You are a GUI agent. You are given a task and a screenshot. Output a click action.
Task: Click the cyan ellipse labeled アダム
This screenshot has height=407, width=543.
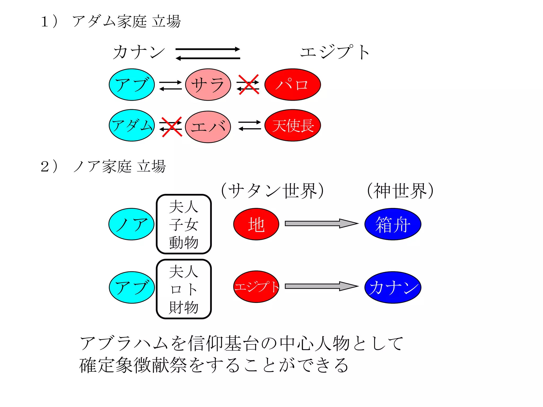pyautogui.click(x=132, y=125)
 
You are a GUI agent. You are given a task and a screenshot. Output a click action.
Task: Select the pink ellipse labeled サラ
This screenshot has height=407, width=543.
pyautogui.click(x=208, y=85)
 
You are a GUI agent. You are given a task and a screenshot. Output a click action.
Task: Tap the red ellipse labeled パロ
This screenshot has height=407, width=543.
pyautogui.click(x=292, y=85)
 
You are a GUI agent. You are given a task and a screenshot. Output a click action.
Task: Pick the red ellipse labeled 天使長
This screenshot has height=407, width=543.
pyautogui.click(x=292, y=125)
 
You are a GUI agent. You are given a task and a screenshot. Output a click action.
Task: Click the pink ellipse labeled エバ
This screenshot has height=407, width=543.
pyautogui.click(x=208, y=127)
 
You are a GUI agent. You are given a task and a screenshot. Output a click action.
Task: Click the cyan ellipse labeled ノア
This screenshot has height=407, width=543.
pyautogui.click(x=132, y=224)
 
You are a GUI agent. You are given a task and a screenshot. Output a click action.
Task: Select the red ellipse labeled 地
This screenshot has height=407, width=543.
pyautogui.click(x=256, y=224)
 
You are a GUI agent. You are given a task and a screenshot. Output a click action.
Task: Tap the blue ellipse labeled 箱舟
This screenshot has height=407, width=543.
pyautogui.click(x=393, y=224)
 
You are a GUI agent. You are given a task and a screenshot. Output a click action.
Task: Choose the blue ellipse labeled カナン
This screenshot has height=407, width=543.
pyautogui.click(x=393, y=287)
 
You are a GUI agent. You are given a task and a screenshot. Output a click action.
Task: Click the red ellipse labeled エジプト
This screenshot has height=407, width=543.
pyautogui.click(x=256, y=287)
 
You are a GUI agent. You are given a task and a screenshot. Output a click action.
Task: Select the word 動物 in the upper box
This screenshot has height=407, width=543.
pyautogui.click(x=183, y=242)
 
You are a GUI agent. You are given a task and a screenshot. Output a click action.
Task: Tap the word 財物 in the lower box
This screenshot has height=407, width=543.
pyautogui.click(x=183, y=307)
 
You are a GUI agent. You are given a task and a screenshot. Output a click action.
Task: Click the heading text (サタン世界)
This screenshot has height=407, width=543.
pyautogui.click(x=272, y=191)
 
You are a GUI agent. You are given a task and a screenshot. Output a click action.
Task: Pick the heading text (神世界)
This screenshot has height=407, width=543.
pyautogui.click(x=400, y=191)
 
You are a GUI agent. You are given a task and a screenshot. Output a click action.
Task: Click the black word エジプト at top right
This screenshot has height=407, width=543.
pyautogui.click(x=335, y=52)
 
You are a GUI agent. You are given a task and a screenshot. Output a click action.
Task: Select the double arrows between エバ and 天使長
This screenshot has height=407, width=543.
pyautogui.click(x=249, y=125)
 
